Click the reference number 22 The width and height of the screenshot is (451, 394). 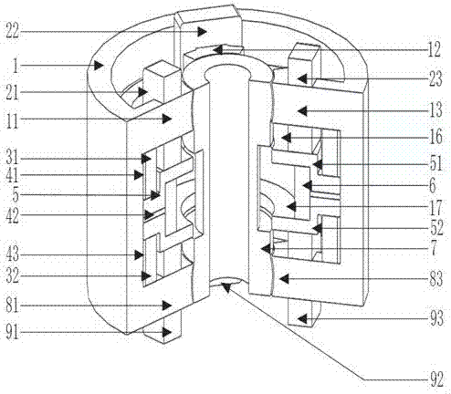[x=13, y=31]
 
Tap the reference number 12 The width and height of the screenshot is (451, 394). [x=435, y=50]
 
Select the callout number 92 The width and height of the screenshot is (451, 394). [x=436, y=379]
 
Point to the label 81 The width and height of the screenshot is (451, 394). [x=13, y=306]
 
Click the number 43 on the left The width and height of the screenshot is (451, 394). [x=13, y=254]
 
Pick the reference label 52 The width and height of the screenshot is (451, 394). [x=436, y=228]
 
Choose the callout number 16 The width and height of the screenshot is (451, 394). [x=436, y=137]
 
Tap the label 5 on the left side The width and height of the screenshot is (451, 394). [x=16, y=195]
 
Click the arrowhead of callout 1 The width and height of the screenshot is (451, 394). [x=98, y=65]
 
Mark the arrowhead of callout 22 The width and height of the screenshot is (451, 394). [x=202, y=31]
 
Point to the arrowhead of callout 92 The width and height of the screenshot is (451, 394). [x=225, y=286]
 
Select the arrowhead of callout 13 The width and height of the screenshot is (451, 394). [x=301, y=111]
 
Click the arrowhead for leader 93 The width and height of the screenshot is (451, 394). [x=301, y=318]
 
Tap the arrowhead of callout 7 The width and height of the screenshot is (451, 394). [x=266, y=249]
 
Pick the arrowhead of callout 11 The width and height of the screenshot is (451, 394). [x=166, y=119]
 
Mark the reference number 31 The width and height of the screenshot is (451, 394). [x=13, y=159]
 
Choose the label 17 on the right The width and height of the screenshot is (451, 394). [x=436, y=207]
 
